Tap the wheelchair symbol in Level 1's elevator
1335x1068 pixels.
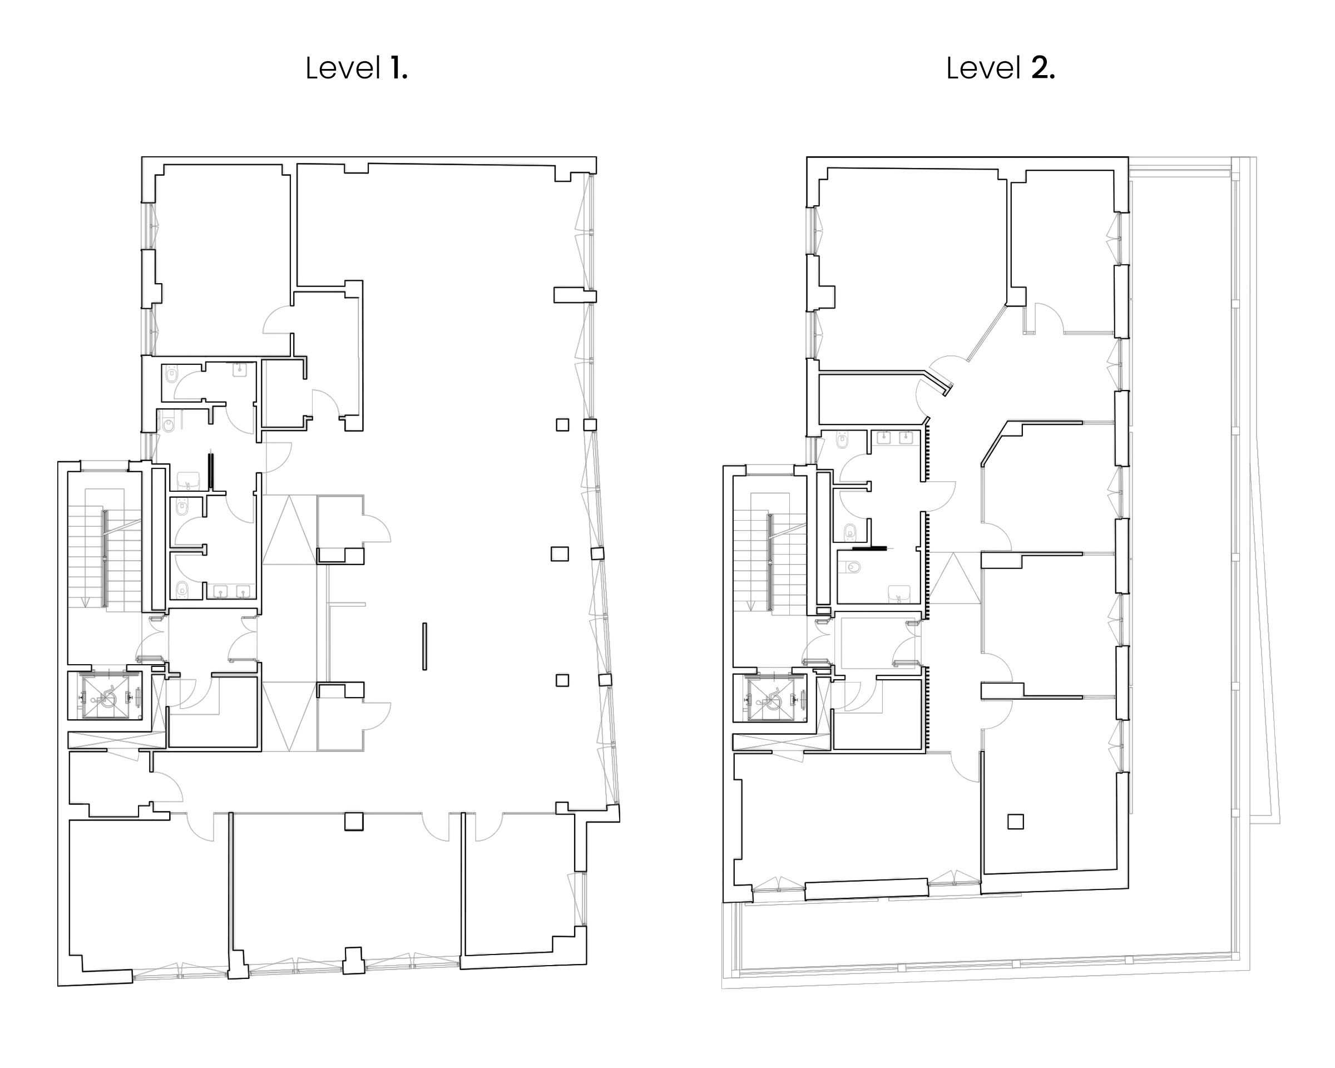pyautogui.click(x=106, y=697)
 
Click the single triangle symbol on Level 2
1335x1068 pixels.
pyautogui.click(x=955, y=577)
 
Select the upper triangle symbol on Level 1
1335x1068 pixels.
pyautogui.click(x=289, y=530)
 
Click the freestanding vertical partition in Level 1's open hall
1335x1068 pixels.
pyautogui.click(x=425, y=646)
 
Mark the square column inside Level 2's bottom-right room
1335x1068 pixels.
pyautogui.click(x=1016, y=822)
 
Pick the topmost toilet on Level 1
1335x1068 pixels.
pyautogui.click(x=171, y=374)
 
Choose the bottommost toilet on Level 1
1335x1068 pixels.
pyautogui.click(x=181, y=590)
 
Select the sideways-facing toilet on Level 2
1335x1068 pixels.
pyautogui.click(x=853, y=566)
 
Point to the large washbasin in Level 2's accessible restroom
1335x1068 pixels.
pyautogui.click(x=899, y=595)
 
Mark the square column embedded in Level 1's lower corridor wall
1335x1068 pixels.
pyautogui.click(x=354, y=822)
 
